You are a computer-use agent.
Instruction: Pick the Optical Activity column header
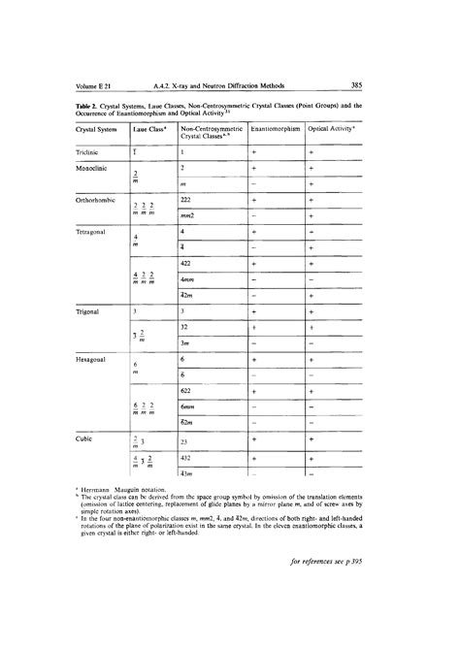(331, 130)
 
